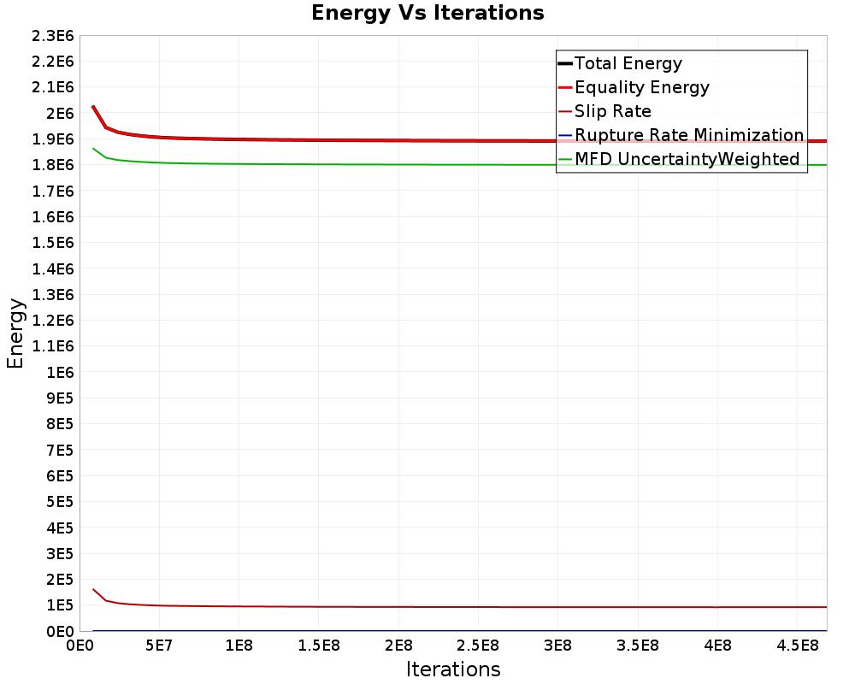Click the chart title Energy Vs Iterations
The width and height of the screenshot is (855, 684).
[427, 13]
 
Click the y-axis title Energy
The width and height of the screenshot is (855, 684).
[15, 333]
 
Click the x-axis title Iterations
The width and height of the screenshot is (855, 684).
[453, 669]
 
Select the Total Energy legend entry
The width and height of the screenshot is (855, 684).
[628, 63]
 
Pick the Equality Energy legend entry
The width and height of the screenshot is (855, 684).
[641, 87]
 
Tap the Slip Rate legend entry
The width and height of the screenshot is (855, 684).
[612, 111]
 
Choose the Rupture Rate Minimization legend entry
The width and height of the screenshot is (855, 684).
[688, 135]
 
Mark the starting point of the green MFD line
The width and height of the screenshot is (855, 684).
[93, 149]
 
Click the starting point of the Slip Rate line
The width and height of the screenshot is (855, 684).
[93, 589]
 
